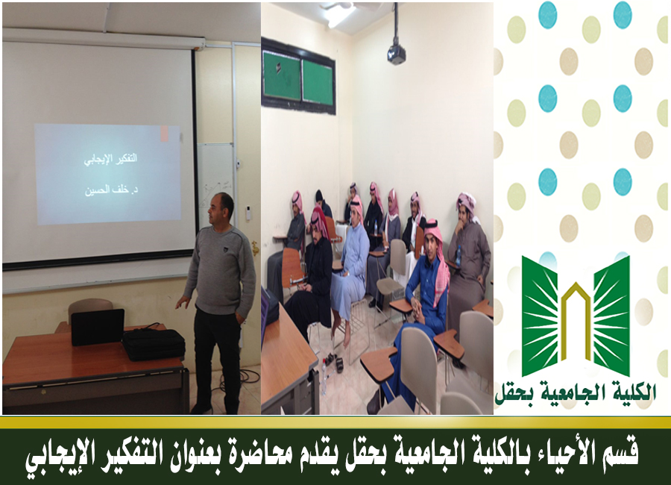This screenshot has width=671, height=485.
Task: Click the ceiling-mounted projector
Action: coord(397,54)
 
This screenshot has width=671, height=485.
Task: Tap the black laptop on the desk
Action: coord(98,327)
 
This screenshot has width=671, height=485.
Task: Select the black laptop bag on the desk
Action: coord(153,344)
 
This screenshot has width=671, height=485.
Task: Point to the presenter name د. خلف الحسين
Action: coord(111,190)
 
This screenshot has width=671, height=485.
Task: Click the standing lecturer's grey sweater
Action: coord(221,271)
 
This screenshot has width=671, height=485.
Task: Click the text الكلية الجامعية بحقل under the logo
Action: coord(575,392)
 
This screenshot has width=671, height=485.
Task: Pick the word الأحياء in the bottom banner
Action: coord(562,454)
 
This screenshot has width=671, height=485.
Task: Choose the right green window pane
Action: coord(318,82)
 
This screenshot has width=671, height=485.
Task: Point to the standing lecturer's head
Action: coord(221,209)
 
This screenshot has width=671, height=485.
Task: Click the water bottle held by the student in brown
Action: coord(459,256)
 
